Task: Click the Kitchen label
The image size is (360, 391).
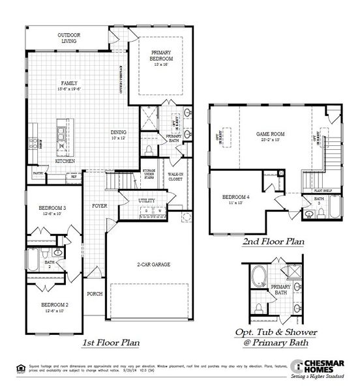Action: pos(65,160)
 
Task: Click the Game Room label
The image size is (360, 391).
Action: pos(270,135)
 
